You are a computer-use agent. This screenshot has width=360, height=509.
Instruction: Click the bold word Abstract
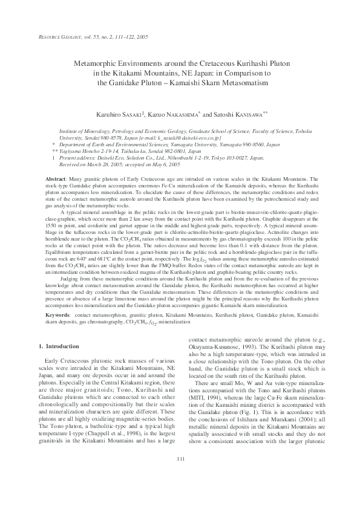tap(57, 180)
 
